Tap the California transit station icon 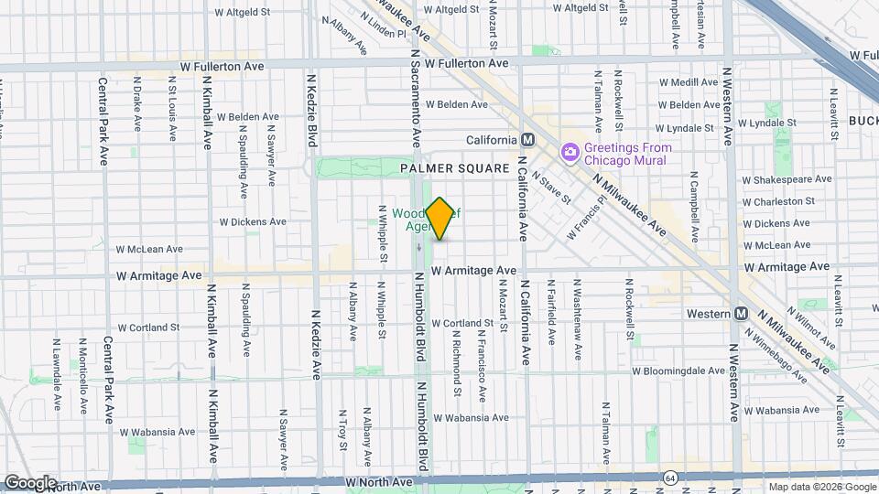(527, 140)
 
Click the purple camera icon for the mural (570, 151)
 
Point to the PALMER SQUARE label (454, 169)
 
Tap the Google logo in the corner (30, 482)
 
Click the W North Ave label (380, 481)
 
